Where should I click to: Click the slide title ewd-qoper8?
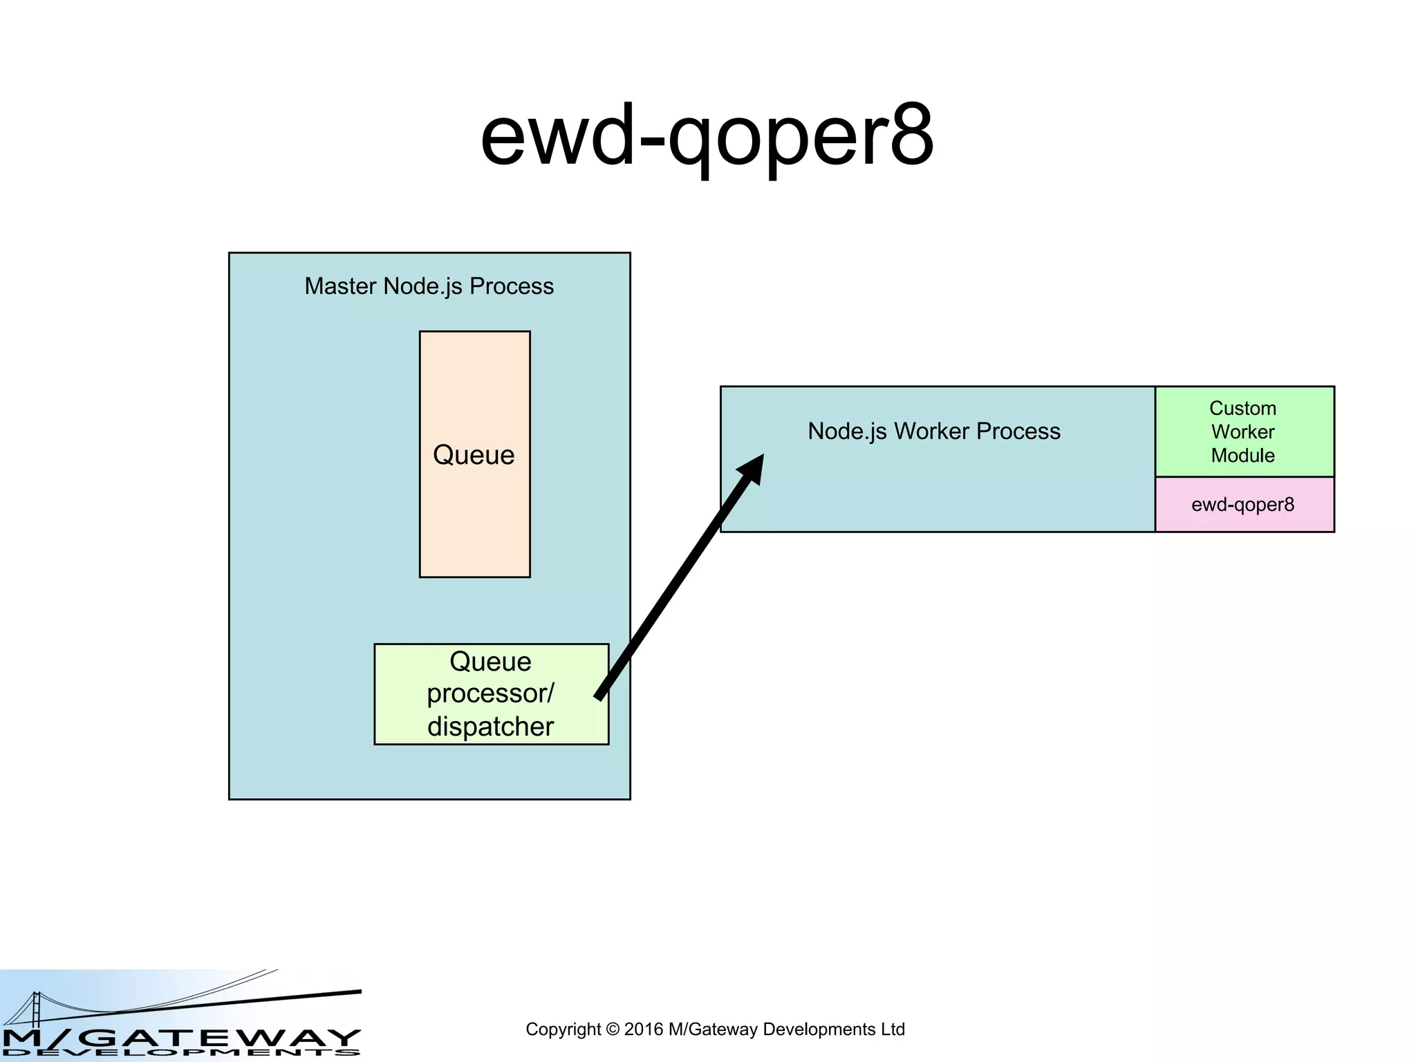point(707,136)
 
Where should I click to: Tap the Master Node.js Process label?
point(429,286)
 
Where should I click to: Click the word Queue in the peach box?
point(474,455)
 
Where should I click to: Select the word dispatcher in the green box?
point(490,727)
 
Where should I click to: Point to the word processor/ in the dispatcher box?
point(490,693)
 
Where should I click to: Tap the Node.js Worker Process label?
point(933,431)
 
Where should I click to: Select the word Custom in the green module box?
point(1242,408)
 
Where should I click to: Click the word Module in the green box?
point(1242,456)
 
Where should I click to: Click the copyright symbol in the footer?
point(612,1030)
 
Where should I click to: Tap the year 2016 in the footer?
point(644,1030)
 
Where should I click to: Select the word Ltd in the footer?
point(893,1030)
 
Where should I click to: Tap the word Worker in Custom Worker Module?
point(1242,432)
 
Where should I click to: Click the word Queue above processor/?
point(490,662)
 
